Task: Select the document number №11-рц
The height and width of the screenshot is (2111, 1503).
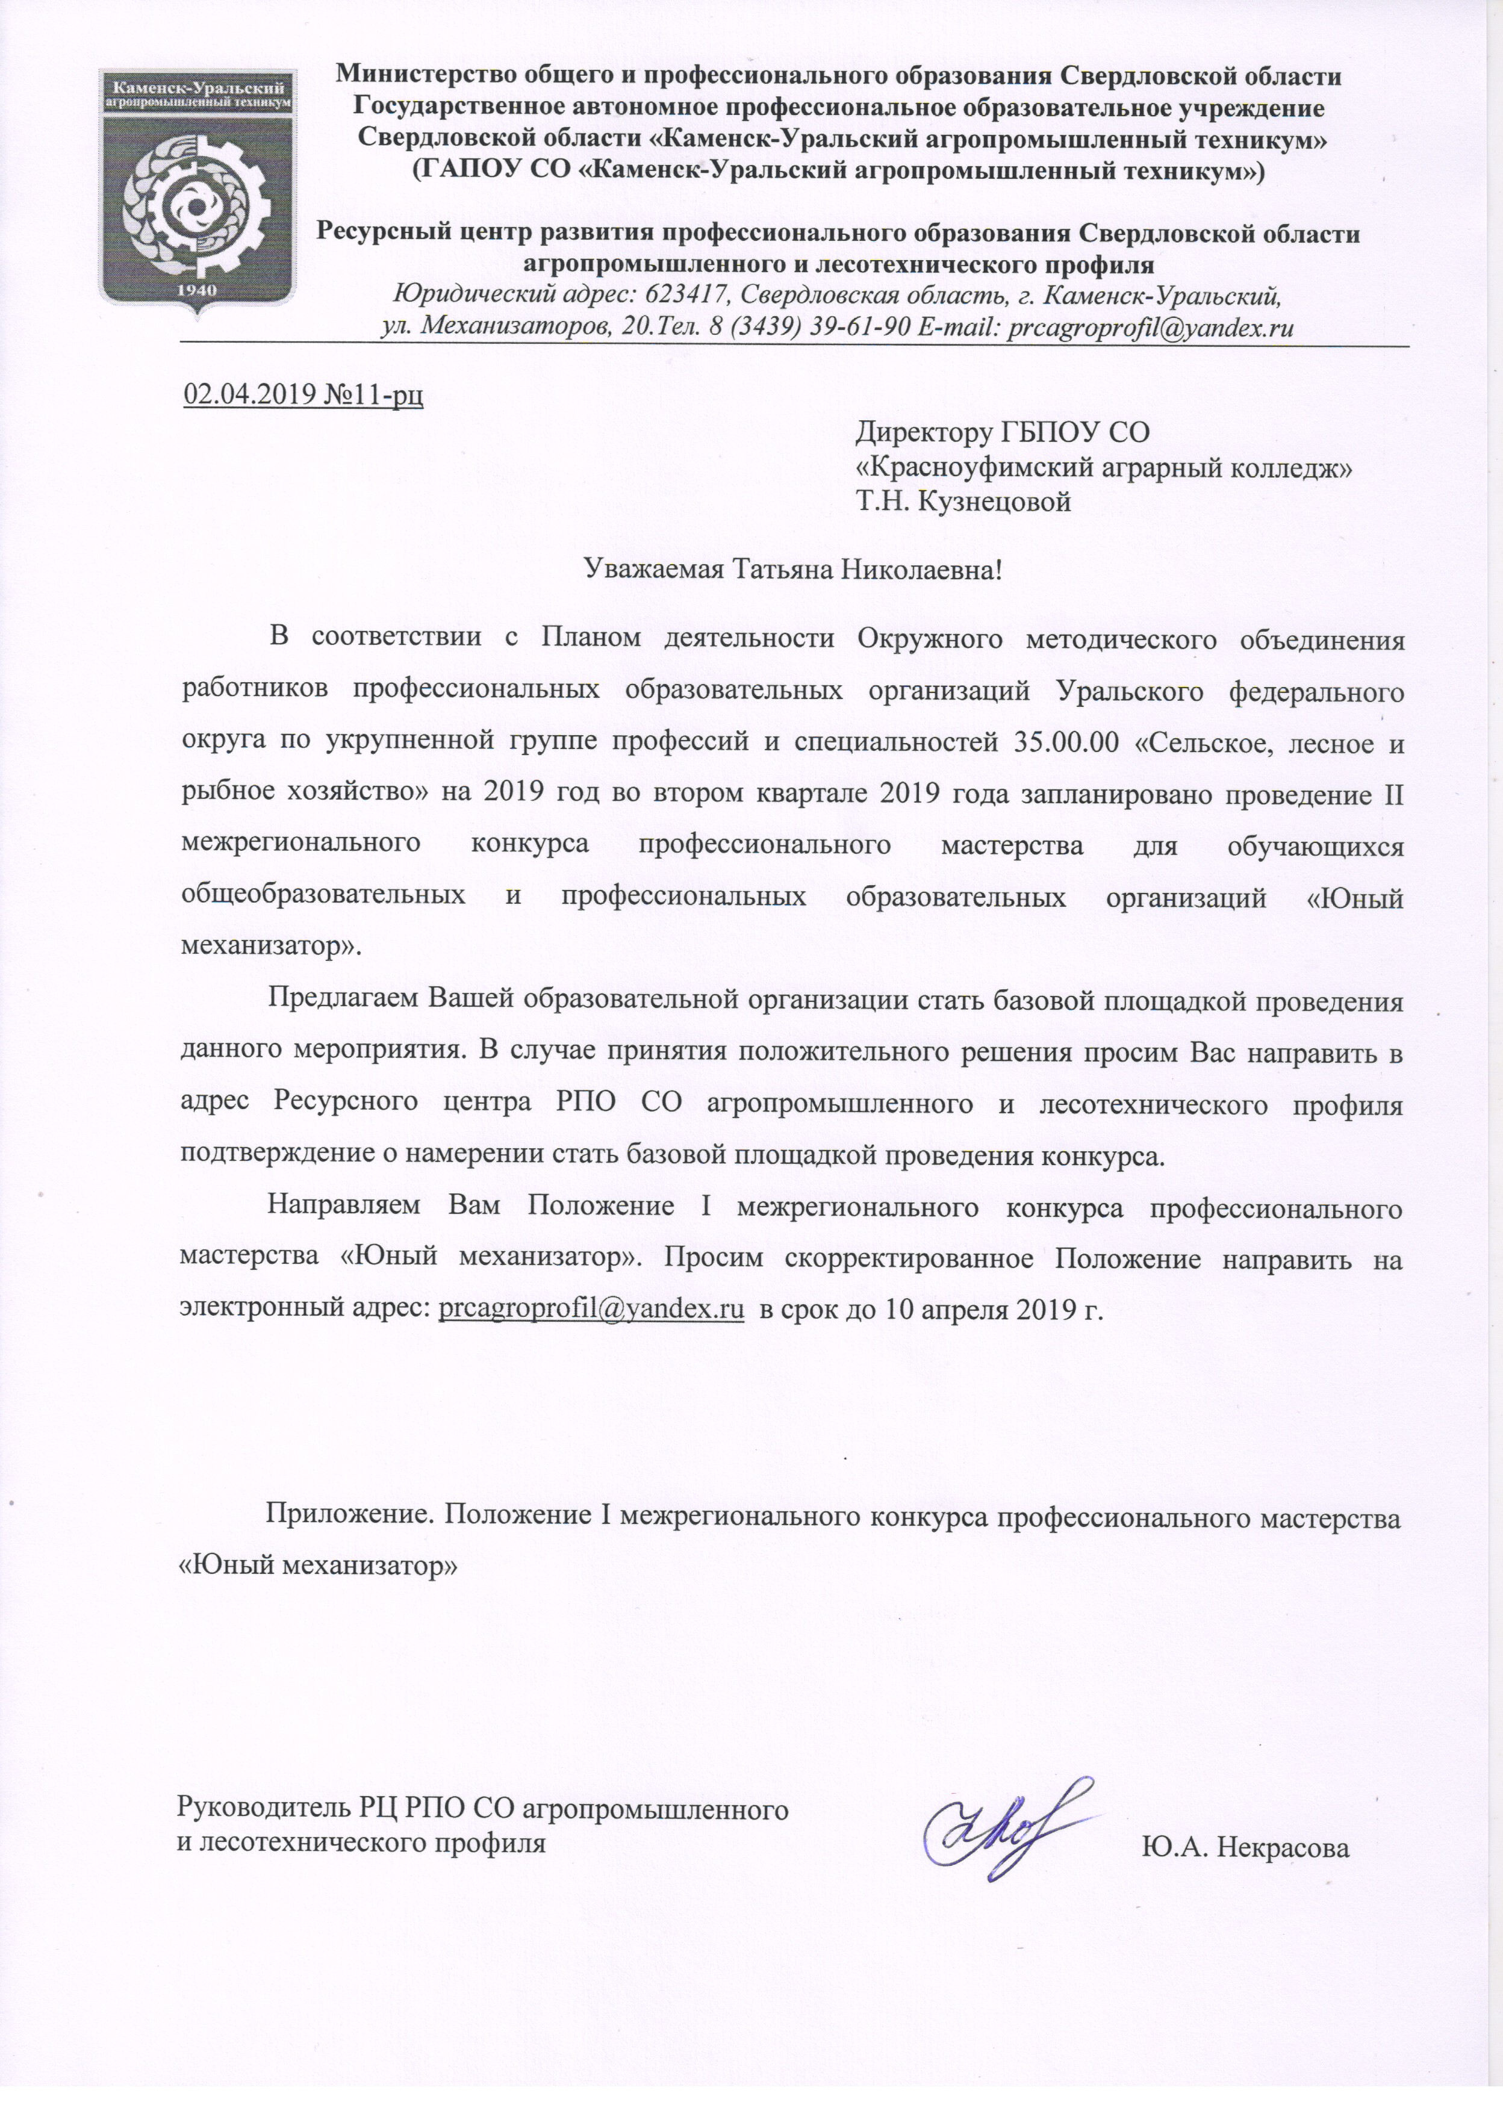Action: coord(375,395)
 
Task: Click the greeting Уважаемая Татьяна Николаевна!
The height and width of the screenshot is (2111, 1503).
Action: coord(793,568)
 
